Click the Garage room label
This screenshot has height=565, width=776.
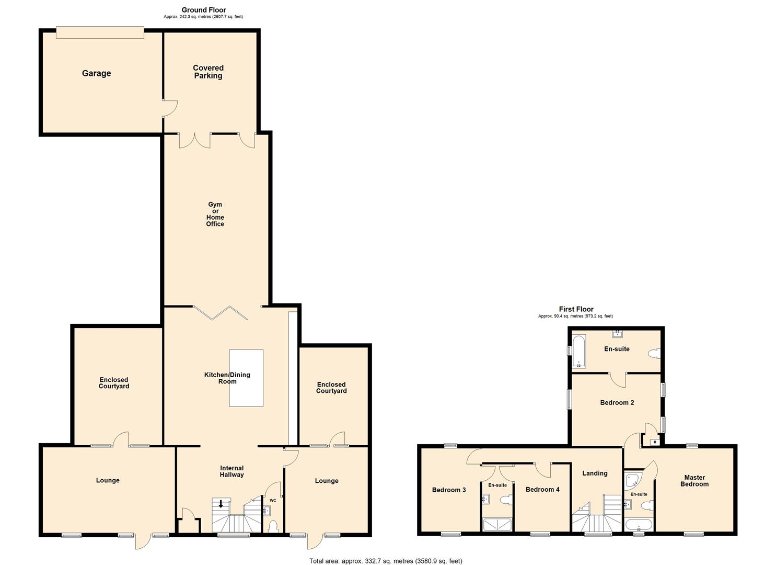coord(96,73)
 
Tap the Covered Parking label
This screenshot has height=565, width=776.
coord(208,72)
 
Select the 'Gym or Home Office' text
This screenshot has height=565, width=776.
coord(215,214)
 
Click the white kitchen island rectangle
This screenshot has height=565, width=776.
coord(246,378)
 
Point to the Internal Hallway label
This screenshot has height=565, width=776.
coord(231,471)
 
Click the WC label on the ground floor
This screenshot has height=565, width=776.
coord(273,501)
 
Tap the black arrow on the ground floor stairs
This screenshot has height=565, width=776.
coord(221,504)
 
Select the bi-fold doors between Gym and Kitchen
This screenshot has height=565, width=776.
coord(220,312)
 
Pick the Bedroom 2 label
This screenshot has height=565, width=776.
coord(617,403)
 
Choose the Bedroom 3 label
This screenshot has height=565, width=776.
coord(449,490)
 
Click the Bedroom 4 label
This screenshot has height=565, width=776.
coord(542,490)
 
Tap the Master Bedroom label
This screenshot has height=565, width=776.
coord(694,481)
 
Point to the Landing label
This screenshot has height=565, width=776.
coord(595,473)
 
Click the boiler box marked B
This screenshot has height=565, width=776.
coord(654,442)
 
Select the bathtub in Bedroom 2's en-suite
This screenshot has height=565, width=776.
coord(579,351)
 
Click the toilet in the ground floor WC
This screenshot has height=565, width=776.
coord(272,526)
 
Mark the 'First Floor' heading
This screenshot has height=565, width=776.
coord(576,309)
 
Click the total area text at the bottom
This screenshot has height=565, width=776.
coord(386,561)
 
